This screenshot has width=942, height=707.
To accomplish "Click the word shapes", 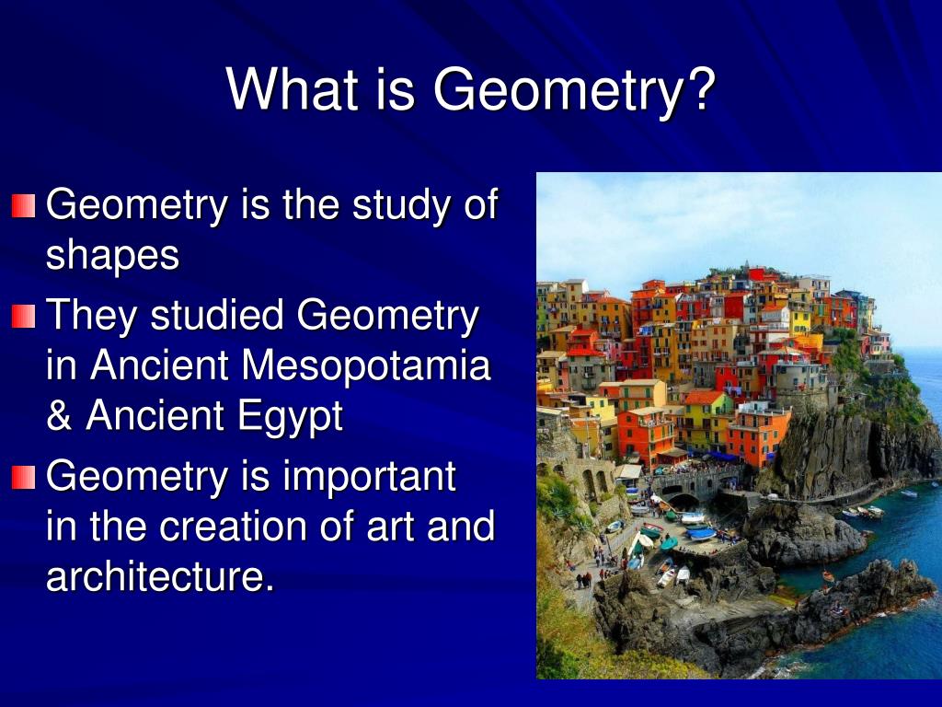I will pyautogui.click(x=112, y=256).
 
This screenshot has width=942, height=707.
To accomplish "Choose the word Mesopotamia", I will pyautogui.click(x=366, y=366).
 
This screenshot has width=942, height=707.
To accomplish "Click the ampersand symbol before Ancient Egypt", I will pyautogui.click(x=59, y=416).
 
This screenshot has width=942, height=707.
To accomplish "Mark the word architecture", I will pyautogui.click(x=159, y=577).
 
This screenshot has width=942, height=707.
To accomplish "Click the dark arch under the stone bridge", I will pyautogui.click(x=683, y=502).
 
